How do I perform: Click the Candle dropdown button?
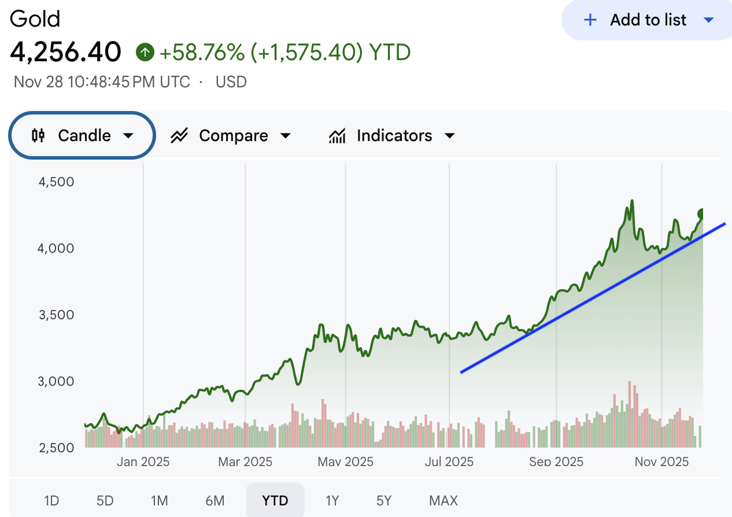[82, 135]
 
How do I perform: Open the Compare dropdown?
[230, 135]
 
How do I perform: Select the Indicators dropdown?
[392, 135]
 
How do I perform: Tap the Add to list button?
[648, 20]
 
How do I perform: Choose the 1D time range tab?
[51, 500]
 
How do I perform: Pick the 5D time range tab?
[105, 500]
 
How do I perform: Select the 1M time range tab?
[159, 500]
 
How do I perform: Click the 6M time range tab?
[215, 500]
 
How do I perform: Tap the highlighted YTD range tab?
[275, 500]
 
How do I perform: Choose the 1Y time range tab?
[332, 500]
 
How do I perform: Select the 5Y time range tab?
[384, 500]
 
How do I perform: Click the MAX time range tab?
[443, 500]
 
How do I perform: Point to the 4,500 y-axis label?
[56, 182]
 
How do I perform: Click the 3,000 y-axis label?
[56, 381]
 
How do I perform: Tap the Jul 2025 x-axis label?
[449, 461]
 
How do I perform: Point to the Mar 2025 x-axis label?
[245, 461]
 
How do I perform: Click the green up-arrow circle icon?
[145, 53]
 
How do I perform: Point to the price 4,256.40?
[65, 52]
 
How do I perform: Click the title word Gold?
[35, 19]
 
